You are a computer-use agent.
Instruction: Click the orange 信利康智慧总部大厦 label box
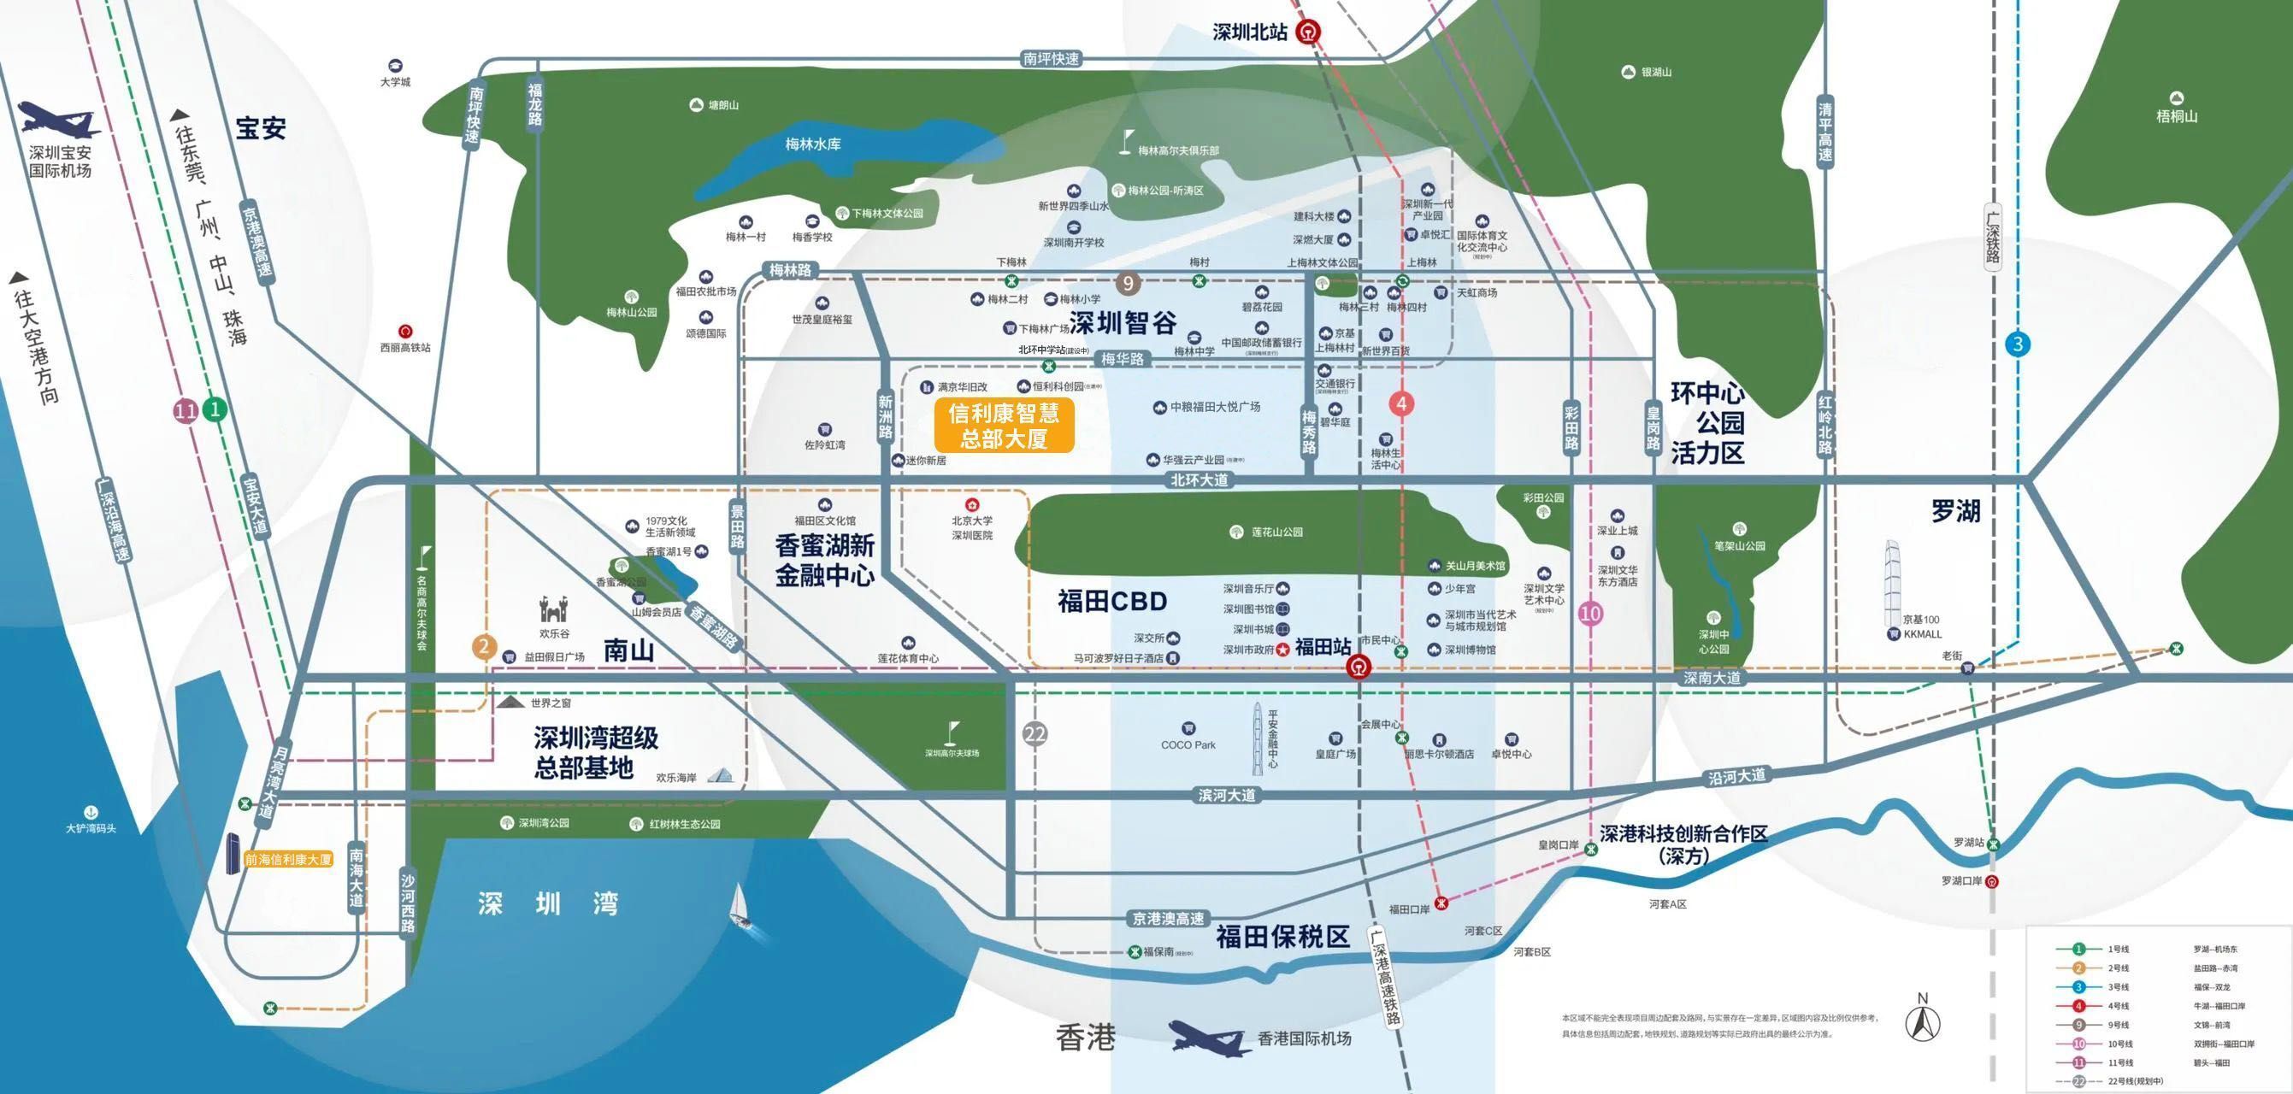(x=1003, y=426)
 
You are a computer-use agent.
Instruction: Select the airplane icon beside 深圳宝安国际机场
(x=59, y=119)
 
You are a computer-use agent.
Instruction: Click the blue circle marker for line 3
(x=2018, y=344)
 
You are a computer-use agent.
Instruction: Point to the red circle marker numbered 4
(x=1401, y=404)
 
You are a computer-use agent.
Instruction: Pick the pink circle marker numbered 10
(x=1589, y=614)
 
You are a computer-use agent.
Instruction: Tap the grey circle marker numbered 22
(x=1035, y=734)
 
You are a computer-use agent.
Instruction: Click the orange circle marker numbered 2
(x=483, y=647)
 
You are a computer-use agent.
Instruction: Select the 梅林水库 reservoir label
(x=813, y=144)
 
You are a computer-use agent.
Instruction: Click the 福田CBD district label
(x=1111, y=602)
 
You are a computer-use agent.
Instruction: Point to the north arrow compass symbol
(x=1923, y=1016)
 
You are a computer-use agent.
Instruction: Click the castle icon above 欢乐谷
(x=553, y=610)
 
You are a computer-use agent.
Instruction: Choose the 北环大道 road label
(x=1198, y=479)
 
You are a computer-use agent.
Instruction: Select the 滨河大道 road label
(x=1226, y=795)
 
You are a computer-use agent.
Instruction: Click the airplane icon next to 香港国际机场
(x=1206, y=1036)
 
